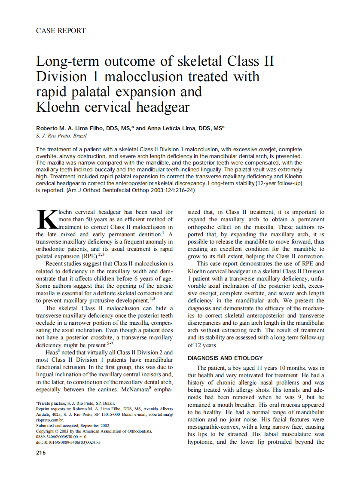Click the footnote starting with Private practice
(75, 403)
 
